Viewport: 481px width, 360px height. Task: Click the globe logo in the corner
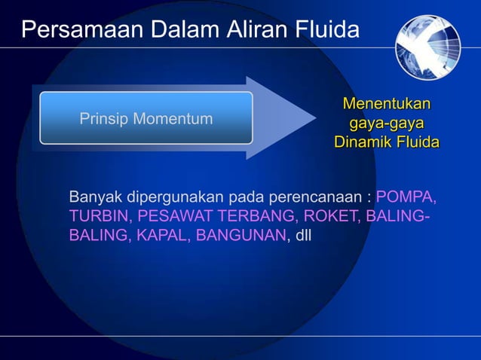[427, 47]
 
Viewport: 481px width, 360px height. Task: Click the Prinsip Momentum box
[146, 118]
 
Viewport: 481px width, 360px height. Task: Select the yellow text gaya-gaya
[386, 123]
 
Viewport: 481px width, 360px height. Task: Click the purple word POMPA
[406, 197]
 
